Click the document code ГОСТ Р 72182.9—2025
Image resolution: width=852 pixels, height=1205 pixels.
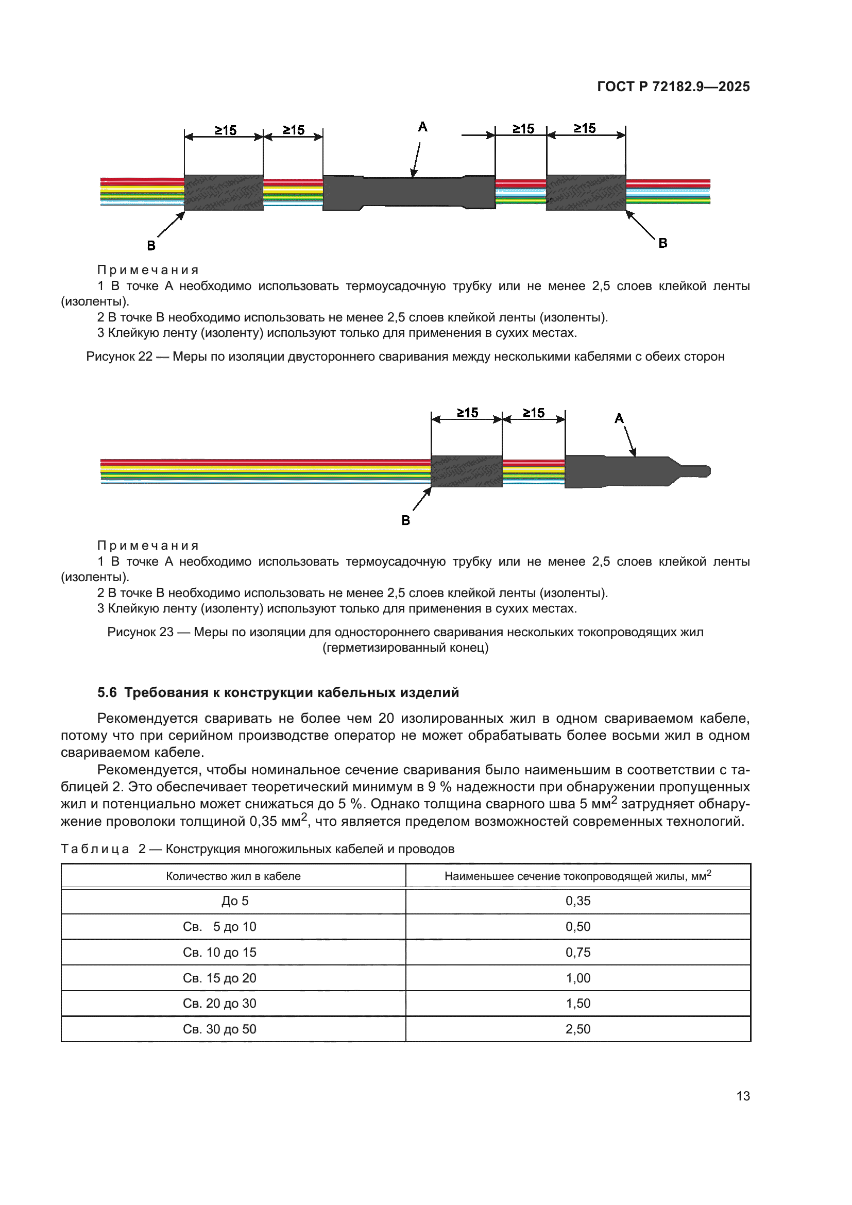673,87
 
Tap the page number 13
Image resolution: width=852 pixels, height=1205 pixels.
743,1096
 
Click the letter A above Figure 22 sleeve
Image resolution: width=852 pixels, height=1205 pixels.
422,127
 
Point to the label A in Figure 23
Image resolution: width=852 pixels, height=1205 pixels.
619,418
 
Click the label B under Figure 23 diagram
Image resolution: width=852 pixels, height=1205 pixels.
405,520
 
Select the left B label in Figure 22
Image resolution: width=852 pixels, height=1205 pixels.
151,245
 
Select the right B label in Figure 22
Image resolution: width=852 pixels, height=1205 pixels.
662,243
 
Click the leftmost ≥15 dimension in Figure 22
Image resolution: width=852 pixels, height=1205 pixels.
226,130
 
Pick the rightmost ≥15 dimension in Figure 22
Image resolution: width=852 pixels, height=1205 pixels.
585,129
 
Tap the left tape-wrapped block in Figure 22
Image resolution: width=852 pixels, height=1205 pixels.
224,193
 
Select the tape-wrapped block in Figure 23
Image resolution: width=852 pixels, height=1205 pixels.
466,471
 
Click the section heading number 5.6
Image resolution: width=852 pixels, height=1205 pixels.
107,692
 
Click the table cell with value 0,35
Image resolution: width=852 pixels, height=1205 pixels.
577,901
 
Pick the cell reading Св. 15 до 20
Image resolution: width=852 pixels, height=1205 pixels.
219,978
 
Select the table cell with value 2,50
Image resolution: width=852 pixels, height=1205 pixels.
577,1029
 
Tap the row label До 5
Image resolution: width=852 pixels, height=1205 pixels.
234,901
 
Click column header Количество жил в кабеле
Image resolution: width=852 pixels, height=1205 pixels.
233,876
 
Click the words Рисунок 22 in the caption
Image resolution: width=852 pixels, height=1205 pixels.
119,357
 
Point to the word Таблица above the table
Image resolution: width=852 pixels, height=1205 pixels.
95,848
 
